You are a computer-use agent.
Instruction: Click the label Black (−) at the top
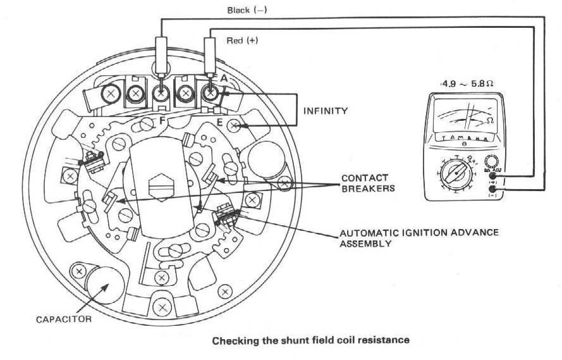point(248,11)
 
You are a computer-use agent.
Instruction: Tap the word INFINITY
point(326,111)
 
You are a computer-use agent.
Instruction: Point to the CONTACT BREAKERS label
point(365,183)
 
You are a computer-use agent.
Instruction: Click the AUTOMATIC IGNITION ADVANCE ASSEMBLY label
point(418,237)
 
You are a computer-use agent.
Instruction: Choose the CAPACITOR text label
point(63,319)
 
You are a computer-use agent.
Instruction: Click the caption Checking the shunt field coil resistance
point(310,340)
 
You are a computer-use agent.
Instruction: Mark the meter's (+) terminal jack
point(492,179)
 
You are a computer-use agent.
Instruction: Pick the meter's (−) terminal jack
point(492,190)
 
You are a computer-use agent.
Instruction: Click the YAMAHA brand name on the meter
point(464,138)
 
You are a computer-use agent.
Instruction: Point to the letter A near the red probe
point(223,78)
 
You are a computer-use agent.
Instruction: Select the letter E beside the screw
point(220,123)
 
